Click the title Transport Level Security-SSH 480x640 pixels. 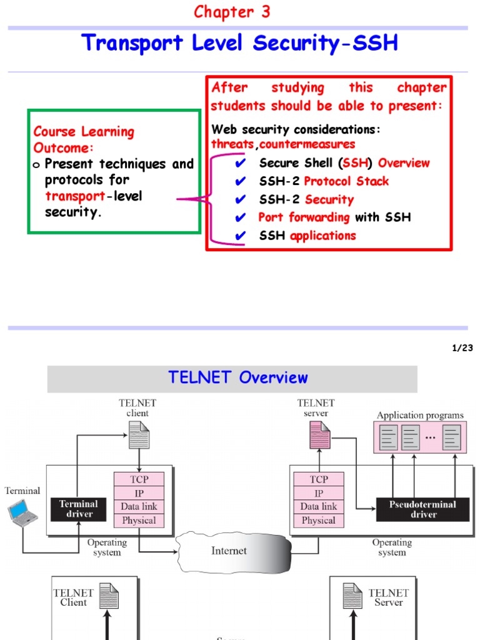(240, 44)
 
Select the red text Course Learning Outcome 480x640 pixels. (83, 139)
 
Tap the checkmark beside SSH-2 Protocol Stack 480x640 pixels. (241, 182)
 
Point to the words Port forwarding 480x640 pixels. (304, 217)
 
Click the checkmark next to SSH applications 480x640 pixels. (241, 236)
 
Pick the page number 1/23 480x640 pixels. (462, 348)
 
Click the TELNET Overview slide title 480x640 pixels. (238, 377)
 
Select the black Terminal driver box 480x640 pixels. (79, 509)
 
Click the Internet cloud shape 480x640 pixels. (232, 551)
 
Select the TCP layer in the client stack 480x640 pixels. (139, 479)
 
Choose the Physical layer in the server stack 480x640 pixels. (318, 521)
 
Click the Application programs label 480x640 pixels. (420, 415)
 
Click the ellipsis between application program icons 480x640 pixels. (431, 437)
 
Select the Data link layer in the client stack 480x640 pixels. (139, 507)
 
